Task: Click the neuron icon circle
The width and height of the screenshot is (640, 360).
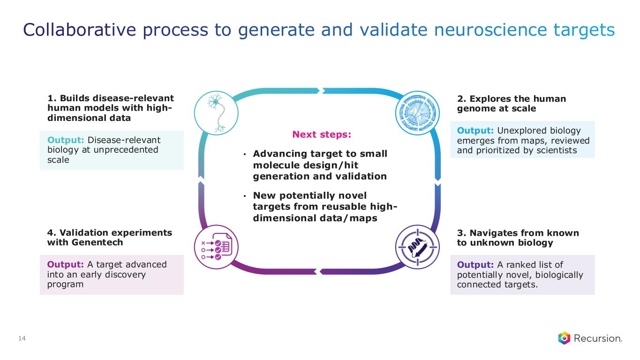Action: [216, 113]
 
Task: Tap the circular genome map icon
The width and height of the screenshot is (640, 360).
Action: [417, 113]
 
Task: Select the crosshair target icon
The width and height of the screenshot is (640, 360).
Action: [417, 247]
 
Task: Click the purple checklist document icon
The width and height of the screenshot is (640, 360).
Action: [216, 247]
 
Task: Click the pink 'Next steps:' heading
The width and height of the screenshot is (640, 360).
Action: [322, 134]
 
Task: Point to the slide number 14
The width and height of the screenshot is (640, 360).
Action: [22, 338]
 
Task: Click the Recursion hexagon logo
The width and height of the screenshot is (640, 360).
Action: [565, 338]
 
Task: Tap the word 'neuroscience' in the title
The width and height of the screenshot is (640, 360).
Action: [490, 30]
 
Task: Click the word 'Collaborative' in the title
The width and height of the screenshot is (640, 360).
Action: [79, 30]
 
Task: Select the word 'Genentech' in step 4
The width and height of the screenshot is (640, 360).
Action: [97, 242]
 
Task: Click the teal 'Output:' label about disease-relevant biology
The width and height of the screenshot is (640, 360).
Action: [66, 140]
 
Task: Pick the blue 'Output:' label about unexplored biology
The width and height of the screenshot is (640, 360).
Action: [475, 131]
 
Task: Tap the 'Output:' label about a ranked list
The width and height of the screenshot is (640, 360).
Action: [475, 265]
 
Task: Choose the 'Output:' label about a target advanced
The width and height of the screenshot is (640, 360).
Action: [66, 264]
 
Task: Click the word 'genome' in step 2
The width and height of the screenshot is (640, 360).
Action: [475, 109]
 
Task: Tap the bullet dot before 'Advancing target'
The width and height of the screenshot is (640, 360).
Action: [245, 155]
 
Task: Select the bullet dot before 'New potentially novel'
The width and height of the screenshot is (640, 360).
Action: [245, 196]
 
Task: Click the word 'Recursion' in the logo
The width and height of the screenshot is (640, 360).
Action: [598, 338]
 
